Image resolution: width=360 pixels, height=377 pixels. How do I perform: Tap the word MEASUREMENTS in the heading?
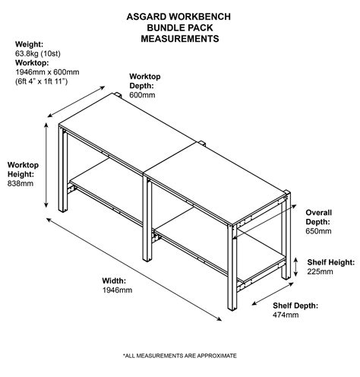180,38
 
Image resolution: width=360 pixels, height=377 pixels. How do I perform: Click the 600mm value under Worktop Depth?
143,95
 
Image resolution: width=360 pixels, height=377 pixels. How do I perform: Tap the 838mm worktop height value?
20,183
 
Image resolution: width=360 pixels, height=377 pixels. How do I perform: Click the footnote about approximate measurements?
180,355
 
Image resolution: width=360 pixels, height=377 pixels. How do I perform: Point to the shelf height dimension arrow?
300,265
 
